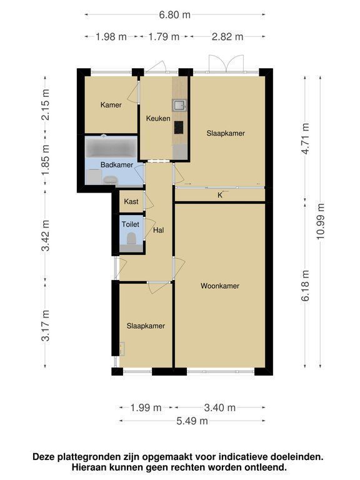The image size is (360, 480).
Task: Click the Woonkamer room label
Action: point(220,286)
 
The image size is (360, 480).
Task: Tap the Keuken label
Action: point(158,118)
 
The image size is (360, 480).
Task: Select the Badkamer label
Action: point(117,165)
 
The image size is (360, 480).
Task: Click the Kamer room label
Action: point(111,105)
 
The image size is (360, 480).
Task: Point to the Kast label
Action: point(131,201)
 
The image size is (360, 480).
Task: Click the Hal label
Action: point(158,230)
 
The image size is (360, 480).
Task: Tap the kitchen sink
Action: point(179,105)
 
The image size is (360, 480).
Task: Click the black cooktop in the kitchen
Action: point(179,127)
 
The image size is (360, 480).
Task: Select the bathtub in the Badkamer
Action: point(111,147)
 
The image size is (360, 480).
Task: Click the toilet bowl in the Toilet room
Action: point(131,238)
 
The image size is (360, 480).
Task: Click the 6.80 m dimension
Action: point(174,15)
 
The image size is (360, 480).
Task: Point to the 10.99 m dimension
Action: point(320,221)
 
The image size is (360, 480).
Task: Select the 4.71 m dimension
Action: point(305,138)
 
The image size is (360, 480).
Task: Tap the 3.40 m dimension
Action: point(220,407)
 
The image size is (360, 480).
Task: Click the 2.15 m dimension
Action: point(45,105)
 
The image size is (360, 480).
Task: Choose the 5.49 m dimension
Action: point(192,421)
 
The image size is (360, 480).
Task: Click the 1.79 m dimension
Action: point(164,37)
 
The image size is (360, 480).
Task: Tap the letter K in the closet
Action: point(220,195)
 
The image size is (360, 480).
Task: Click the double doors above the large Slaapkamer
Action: point(226,64)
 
